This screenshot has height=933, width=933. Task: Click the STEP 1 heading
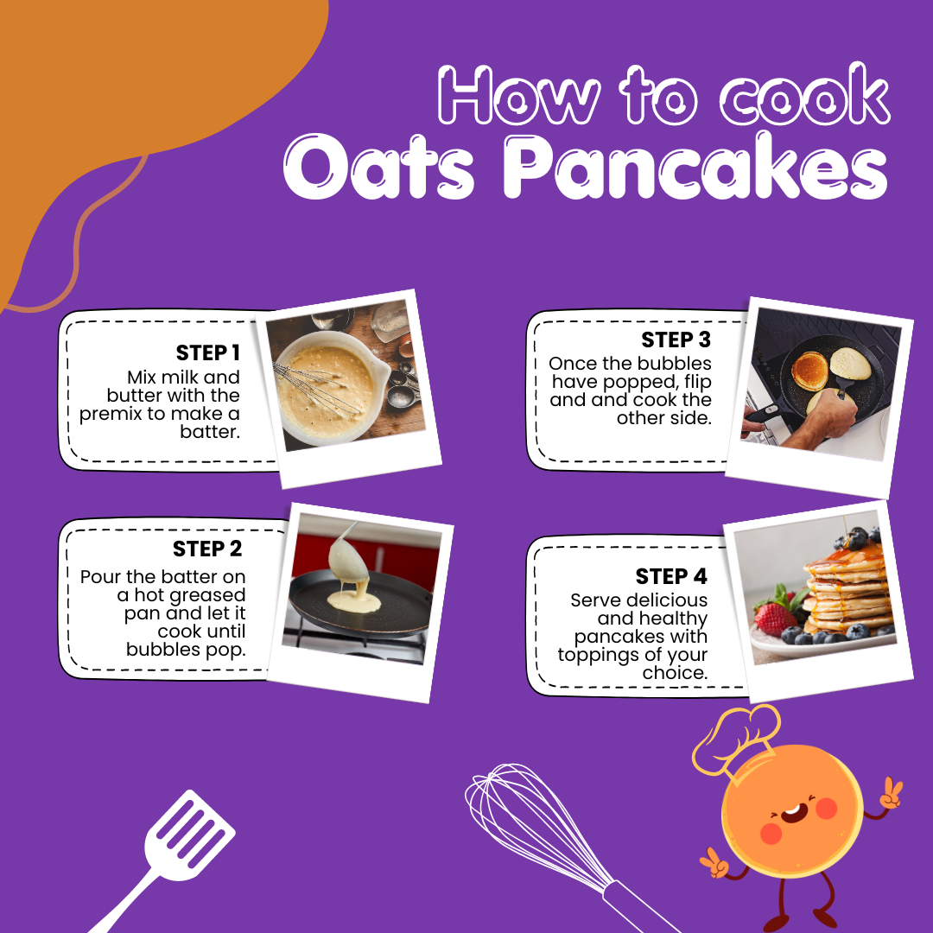click(207, 352)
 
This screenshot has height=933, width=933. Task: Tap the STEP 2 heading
click(207, 549)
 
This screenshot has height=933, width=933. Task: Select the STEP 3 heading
click(676, 340)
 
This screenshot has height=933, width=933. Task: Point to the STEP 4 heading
click(671, 576)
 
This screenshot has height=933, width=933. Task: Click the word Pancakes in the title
click(695, 167)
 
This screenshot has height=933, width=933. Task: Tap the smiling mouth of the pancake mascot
click(794, 812)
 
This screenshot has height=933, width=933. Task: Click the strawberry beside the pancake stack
click(776, 618)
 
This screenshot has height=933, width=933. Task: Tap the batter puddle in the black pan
click(355, 601)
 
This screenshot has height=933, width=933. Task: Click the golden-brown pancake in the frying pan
click(809, 370)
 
